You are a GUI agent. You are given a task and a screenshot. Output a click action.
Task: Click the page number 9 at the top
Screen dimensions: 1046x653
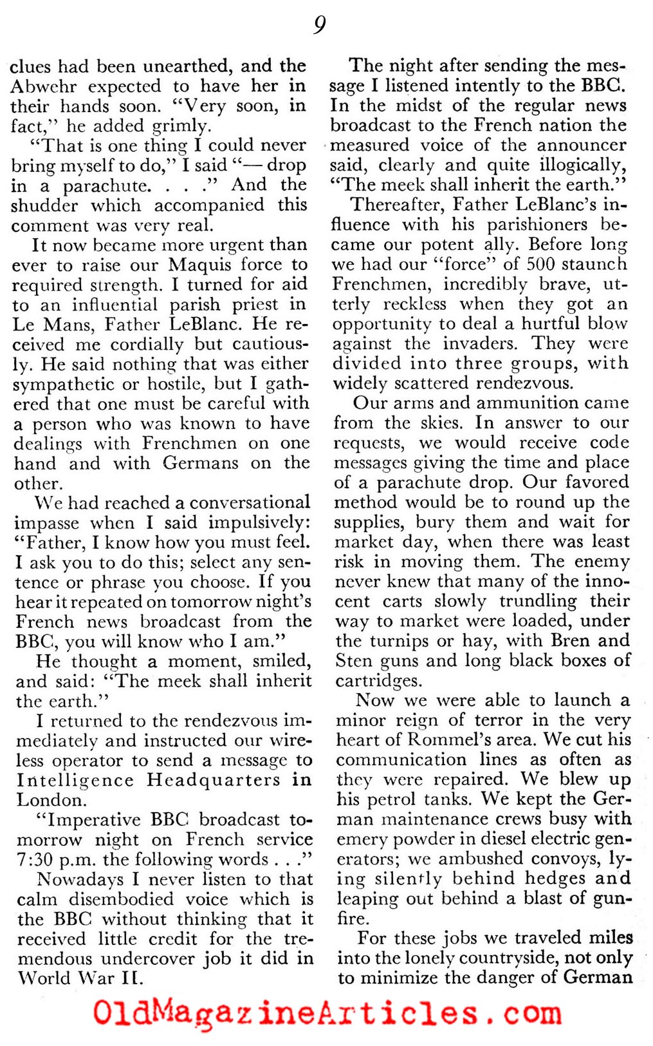pyautogui.click(x=320, y=25)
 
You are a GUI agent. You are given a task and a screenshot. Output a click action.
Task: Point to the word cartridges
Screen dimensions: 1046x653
pyautogui.click(x=376, y=681)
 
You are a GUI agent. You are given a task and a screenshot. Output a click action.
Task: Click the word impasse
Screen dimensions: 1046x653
pyautogui.click(x=47, y=522)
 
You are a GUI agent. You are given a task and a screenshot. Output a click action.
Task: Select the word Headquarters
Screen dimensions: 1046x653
pyautogui.click(x=214, y=780)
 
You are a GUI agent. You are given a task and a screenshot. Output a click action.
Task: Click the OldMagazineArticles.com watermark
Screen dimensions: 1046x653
pyautogui.click(x=326, y=1013)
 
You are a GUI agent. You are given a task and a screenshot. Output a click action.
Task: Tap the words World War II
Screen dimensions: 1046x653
pyautogui.click(x=79, y=979)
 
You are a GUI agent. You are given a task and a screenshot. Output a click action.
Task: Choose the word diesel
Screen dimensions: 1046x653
pyautogui.click(x=510, y=840)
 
